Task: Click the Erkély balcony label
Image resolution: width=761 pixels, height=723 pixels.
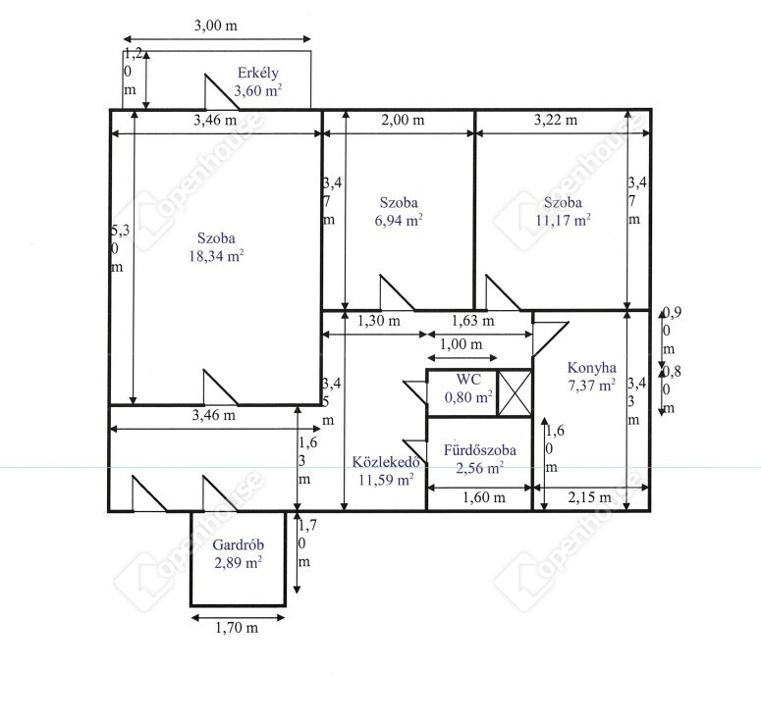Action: click(257, 73)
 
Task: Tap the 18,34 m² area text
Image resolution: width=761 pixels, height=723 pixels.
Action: click(216, 255)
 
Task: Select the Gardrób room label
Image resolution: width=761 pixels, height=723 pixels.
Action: click(238, 544)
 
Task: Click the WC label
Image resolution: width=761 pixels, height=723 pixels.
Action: click(468, 380)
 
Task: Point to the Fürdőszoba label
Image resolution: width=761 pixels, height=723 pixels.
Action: click(479, 450)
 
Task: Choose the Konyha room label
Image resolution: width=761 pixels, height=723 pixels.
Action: click(592, 368)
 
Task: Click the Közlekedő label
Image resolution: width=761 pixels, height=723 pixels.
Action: click(385, 462)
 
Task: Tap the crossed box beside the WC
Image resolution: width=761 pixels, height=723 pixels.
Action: click(515, 393)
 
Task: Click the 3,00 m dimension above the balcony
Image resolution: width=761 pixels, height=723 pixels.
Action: click(215, 26)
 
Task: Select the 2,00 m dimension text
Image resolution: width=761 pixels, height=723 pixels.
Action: click(403, 120)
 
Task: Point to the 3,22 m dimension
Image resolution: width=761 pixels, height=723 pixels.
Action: click(556, 120)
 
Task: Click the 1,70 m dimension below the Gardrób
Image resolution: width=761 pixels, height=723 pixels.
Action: click(237, 628)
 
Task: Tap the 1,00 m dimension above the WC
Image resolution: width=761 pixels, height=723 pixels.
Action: click(461, 344)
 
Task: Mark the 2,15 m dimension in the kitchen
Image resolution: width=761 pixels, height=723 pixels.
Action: click(590, 497)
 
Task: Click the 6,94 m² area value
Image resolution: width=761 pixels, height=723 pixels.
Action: click(399, 220)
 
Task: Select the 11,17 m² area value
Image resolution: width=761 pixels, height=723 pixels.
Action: click(563, 220)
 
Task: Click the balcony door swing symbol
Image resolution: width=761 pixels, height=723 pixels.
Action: click(221, 92)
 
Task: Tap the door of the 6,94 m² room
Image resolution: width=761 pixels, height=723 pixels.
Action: click(397, 292)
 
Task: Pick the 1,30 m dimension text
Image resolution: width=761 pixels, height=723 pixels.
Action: click(379, 321)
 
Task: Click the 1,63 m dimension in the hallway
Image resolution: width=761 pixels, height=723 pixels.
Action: click(472, 321)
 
